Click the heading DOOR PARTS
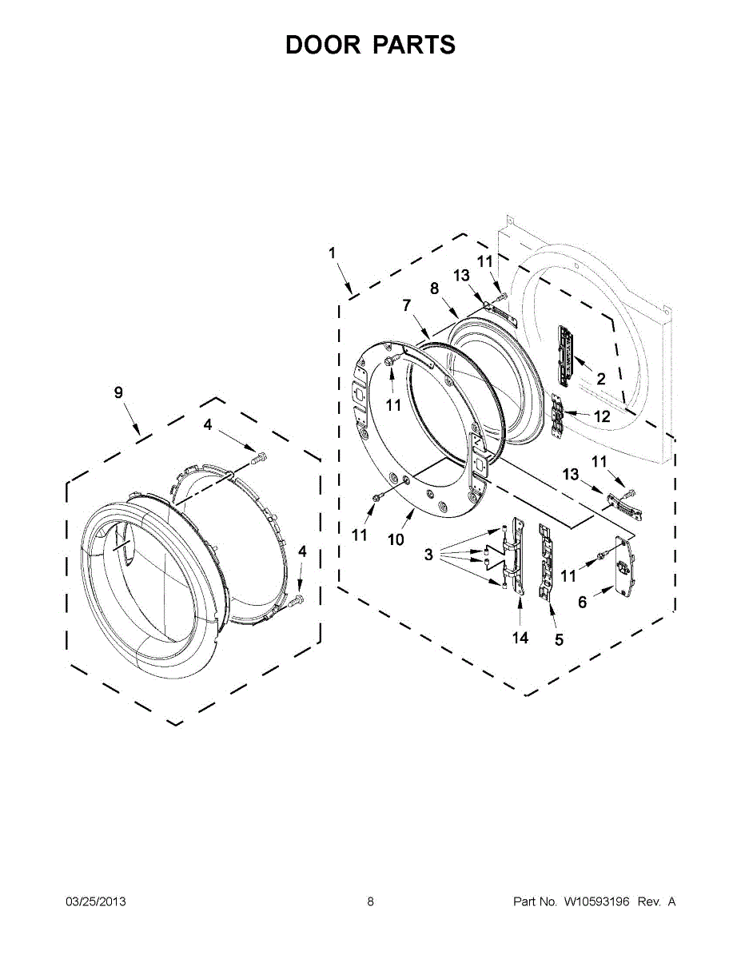click(370, 45)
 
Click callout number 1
click(332, 253)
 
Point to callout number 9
click(118, 392)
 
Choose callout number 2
click(600, 378)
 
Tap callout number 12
click(603, 416)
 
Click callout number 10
click(396, 539)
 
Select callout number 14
click(520, 637)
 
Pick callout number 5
click(559, 639)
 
